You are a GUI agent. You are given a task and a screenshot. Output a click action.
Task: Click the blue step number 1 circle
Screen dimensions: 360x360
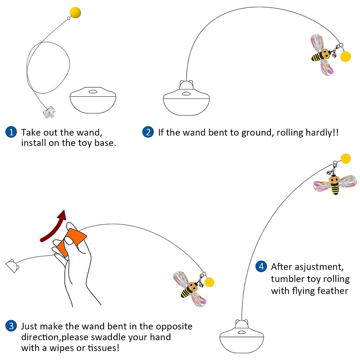(x=11, y=132)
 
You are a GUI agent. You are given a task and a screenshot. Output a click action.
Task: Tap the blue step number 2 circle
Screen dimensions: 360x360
(x=148, y=132)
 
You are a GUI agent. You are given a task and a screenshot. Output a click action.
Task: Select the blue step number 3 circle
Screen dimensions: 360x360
(x=11, y=326)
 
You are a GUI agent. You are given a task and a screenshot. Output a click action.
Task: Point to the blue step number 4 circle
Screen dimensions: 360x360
(x=261, y=266)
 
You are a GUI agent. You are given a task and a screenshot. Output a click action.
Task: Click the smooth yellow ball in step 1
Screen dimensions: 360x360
(x=75, y=13)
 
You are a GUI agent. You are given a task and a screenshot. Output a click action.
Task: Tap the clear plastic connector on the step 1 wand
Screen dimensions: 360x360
(x=49, y=112)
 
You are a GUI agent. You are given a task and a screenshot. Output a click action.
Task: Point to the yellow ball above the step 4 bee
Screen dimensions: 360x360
(x=346, y=158)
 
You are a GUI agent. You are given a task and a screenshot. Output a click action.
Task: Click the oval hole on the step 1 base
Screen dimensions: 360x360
(x=93, y=92)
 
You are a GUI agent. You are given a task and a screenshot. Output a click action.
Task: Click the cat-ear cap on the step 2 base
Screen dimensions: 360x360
(x=186, y=85)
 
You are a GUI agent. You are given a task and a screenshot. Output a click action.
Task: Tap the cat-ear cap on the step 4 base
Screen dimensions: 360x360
(x=242, y=324)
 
